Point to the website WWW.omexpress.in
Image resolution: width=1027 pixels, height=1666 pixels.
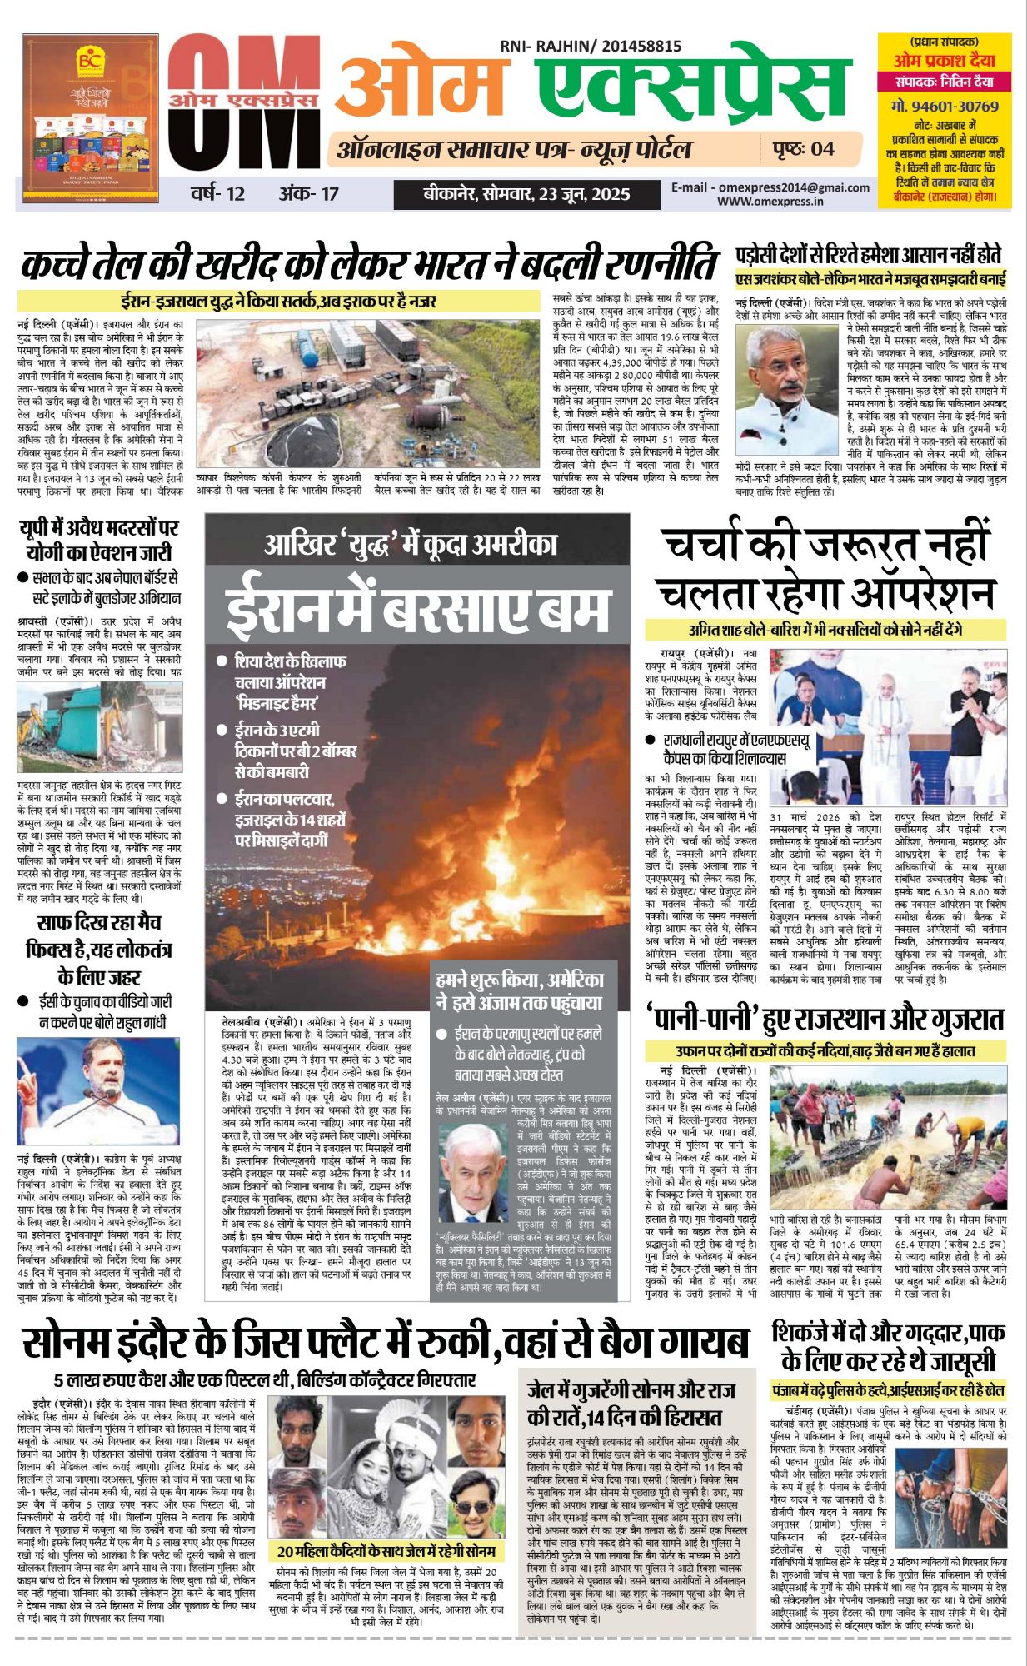(x=770, y=201)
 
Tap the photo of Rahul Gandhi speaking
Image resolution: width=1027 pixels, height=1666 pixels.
(x=98, y=1090)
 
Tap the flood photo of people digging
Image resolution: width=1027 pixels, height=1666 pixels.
(x=888, y=1142)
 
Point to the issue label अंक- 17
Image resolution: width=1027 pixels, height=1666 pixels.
(x=309, y=195)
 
